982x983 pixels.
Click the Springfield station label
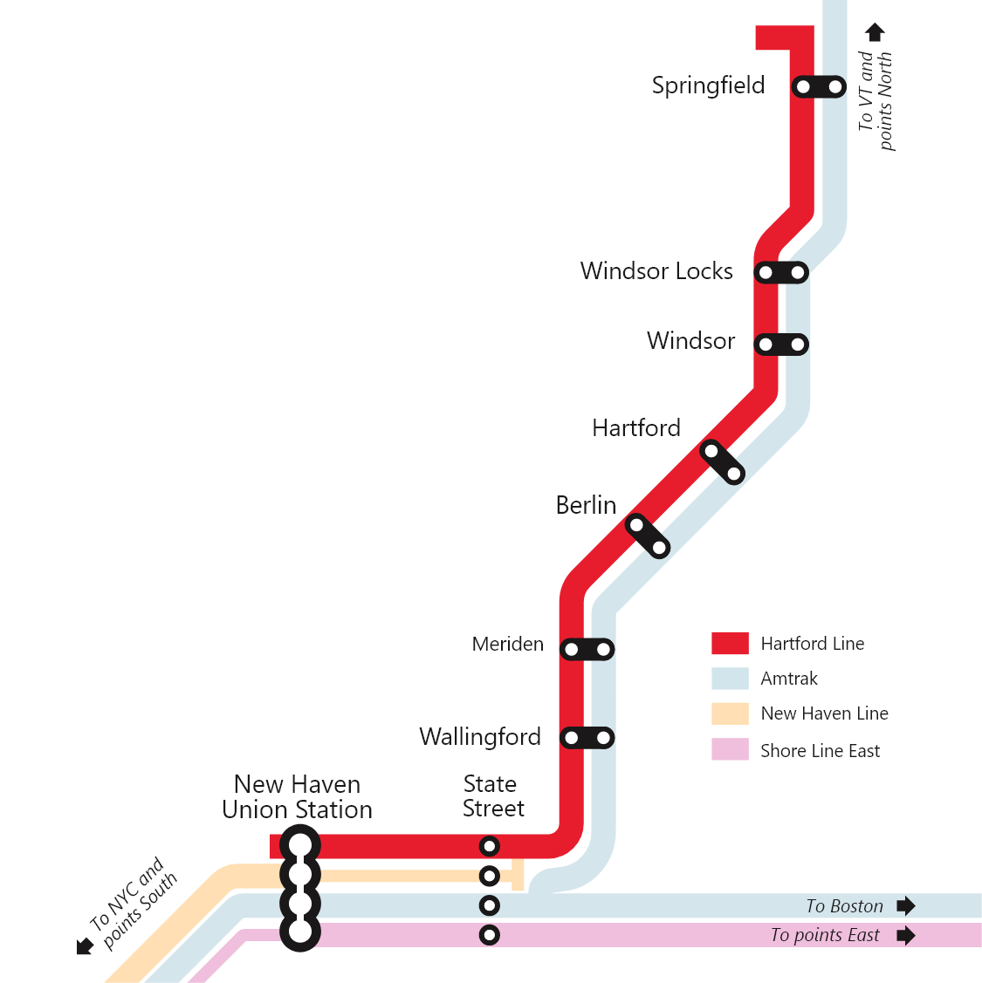pos(708,85)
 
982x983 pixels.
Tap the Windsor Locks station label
pos(656,271)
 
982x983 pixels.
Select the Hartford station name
pos(636,428)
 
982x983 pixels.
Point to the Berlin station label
pos(586,505)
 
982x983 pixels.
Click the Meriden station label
pos(507,645)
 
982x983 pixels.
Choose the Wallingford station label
pos(480,737)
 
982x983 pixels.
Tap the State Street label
pos(492,796)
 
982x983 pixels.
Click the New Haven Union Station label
pos(297,797)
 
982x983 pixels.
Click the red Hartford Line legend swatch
pos(730,644)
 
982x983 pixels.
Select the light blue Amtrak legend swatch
pos(730,679)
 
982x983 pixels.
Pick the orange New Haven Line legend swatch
pos(730,713)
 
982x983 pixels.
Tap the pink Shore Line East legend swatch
pos(730,749)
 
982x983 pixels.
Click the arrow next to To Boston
pos(906,906)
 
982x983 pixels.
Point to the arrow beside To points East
pos(906,935)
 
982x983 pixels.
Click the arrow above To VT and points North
pos(875,32)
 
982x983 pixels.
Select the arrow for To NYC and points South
pos(85,946)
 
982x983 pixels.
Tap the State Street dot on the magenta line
pos(490,935)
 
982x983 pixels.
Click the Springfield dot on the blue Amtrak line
pos(835,86)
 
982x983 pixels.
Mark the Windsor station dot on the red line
pos(766,345)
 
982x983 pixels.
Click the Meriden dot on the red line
pos(571,649)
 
